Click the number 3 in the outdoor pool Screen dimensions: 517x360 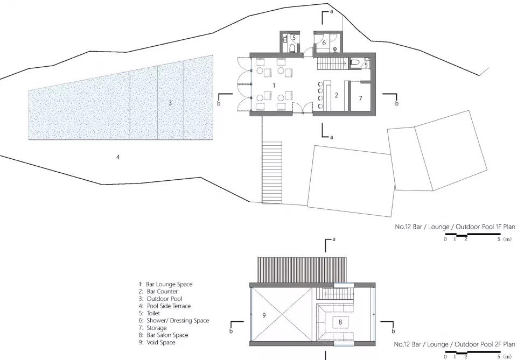point(170,103)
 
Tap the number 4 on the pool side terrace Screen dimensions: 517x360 point(118,158)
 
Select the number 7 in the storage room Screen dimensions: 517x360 point(360,98)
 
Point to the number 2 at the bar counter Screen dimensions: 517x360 point(336,95)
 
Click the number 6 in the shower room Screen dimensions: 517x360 point(324,43)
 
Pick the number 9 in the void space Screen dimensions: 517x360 point(264,315)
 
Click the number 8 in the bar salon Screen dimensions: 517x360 point(340,322)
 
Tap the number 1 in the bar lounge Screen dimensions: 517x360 point(274,86)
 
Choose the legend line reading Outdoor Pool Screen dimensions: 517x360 point(160,299)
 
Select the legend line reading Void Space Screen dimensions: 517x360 point(157,342)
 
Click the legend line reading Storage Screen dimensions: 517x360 point(152,328)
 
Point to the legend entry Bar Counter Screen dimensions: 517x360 point(158,292)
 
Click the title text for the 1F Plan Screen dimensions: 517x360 point(455,227)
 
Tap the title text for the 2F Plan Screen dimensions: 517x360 point(455,344)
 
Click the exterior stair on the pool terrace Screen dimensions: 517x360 point(272,172)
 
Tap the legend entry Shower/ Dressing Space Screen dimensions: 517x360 point(174,321)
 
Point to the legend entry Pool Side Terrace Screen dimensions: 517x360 point(165,306)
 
